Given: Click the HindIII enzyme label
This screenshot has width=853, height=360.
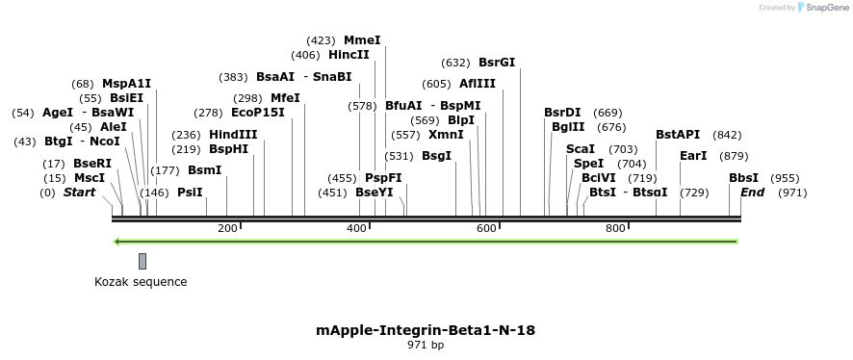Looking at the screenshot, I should point(233,135).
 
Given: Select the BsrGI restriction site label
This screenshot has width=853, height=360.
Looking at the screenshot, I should point(497,63).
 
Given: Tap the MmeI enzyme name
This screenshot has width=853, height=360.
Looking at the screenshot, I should point(362,40).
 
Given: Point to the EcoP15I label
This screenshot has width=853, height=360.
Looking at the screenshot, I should point(258,113).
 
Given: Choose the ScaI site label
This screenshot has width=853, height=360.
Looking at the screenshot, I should point(581,149).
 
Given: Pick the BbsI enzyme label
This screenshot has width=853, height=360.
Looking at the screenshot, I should point(743,178).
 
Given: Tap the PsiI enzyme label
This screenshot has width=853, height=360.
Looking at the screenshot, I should point(190,193).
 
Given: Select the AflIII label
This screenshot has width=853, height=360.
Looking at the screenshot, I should point(478,84).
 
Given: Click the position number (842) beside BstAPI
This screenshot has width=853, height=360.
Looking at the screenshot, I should point(727,135).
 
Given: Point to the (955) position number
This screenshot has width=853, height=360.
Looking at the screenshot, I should point(786,178).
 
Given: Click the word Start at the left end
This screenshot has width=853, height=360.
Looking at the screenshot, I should point(80,193).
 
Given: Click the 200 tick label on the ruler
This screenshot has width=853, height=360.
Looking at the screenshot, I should point(227,228).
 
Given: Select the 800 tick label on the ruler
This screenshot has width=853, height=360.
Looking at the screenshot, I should point(615,228).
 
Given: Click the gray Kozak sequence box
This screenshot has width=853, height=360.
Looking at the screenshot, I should point(142,261).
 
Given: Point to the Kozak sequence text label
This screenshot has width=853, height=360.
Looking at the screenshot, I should point(141,282).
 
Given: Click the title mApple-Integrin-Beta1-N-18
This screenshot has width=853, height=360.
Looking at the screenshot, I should point(426,330).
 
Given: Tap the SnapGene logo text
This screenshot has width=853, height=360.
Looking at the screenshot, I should point(827,8).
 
